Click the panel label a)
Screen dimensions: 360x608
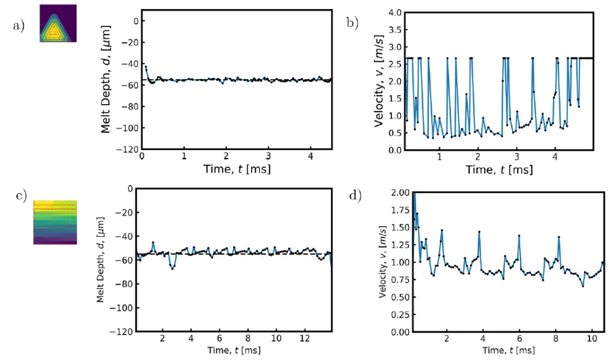click(19, 26)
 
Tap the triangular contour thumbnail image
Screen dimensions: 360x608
click(57, 23)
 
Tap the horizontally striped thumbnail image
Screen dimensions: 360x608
click(55, 222)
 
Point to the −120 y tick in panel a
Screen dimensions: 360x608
click(127, 150)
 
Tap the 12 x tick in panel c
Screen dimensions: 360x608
click(305, 340)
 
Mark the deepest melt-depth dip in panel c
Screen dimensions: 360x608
click(172, 268)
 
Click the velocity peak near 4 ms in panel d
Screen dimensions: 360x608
click(479, 231)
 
